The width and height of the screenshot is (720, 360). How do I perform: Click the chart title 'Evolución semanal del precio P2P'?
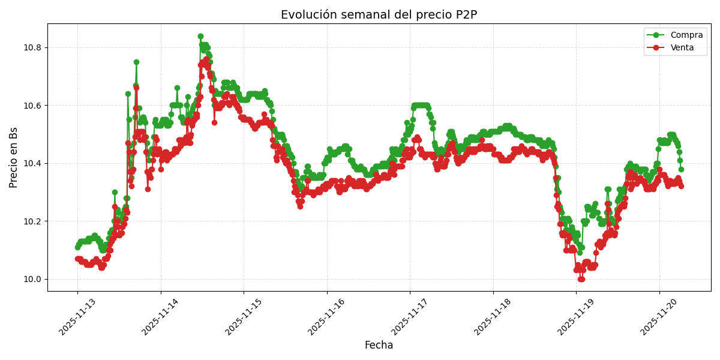point(379,15)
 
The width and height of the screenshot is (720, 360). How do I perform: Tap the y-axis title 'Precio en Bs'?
point(14,157)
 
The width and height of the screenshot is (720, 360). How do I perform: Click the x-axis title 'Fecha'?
point(379,345)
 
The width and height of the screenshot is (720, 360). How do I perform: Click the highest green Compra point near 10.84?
point(200,37)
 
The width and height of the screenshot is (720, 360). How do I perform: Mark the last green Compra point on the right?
point(681,169)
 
